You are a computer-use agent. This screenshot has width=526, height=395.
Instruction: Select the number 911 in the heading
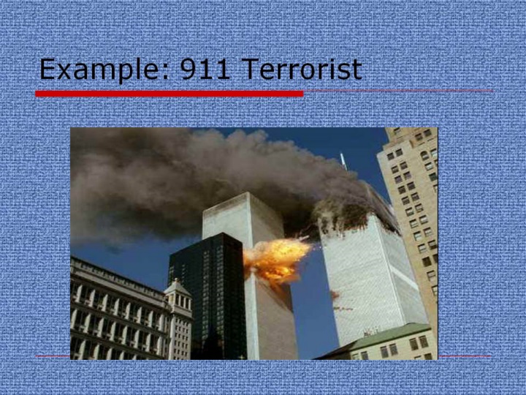[x=205, y=69]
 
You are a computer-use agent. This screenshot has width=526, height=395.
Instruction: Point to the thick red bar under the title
[x=169, y=94]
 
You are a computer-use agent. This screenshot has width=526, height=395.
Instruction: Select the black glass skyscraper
[x=209, y=296]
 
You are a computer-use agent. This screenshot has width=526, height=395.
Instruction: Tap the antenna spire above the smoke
[x=343, y=162]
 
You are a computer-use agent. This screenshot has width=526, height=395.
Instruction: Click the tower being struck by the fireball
[x=262, y=276]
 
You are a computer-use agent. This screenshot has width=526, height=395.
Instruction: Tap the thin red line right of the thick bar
[x=398, y=91]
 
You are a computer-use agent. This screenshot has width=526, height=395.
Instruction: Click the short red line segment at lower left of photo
[x=53, y=356]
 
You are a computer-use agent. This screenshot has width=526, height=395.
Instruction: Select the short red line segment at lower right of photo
[x=465, y=356]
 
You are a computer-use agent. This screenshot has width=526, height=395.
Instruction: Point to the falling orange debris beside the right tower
[x=340, y=301]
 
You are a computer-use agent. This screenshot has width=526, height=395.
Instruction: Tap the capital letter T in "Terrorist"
[x=249, y=69]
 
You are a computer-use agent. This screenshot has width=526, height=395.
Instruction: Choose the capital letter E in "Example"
[x=47, y=69]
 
